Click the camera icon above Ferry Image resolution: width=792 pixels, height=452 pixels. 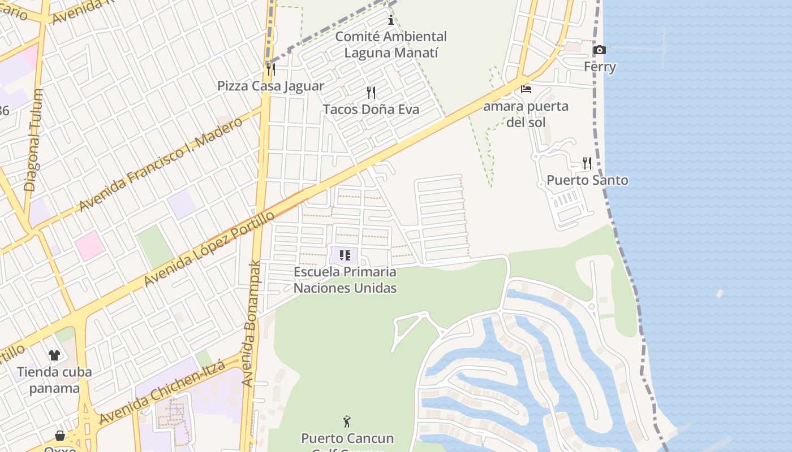pyautogui.click(x=599, y=50)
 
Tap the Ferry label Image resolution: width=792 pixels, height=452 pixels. pyautogui.click(x=600, y=67)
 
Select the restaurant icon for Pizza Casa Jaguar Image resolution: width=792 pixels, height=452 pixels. pyautogui.click(x=271, y=69)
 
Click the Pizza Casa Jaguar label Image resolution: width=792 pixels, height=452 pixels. pyautogui.click(x=271, y=86)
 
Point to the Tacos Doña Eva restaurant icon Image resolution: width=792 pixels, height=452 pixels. pyautogui.click(x=371, y=92)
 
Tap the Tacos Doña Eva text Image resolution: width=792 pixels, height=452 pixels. pyautogui.click(x=371, y=109)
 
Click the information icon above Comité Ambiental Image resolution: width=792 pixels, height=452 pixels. pyautogui.click(x=390, y=21)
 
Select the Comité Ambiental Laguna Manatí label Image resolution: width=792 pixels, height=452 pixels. pyautogui.click(x=391, y=45)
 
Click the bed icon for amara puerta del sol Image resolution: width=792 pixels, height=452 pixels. pyautogui.click(x=526, y=89)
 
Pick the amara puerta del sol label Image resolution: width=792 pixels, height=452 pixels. pyautogui.click(x=526, y=114)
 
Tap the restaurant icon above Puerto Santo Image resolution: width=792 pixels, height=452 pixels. pyautogui.click(x=587, y=163)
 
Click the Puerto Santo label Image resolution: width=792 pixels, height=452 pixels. pyautogui.click(x=587, y=180)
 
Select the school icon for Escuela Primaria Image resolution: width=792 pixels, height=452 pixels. pyautogui.click(x=345, y=255)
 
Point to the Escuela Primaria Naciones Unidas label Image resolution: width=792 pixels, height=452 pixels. pyautogui.click(x=345, y=280)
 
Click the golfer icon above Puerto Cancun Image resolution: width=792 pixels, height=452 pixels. pyautogui.click(x=347, y=421)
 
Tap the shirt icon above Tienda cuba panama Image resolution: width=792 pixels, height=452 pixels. pyautogui.click(x=54, y=355)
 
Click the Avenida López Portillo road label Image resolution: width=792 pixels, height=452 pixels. pyautogui.click(x=209, y=249)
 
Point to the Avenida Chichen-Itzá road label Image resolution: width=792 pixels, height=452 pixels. pyautogui.click(x=163, y=392)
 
